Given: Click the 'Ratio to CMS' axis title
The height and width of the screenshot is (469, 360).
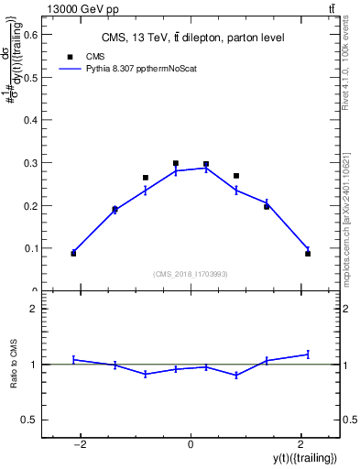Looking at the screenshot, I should coord(14,364).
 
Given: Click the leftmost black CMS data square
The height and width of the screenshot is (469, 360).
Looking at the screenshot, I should coord(73,253).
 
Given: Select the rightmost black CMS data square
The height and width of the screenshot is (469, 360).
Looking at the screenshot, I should coord(308,253).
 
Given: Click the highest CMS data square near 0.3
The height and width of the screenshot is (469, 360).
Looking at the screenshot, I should coord(175,163).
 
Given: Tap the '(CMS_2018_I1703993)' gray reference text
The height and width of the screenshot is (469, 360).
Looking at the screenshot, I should coord(191,273).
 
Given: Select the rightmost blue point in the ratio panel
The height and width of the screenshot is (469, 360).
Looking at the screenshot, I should coord(308,354).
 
